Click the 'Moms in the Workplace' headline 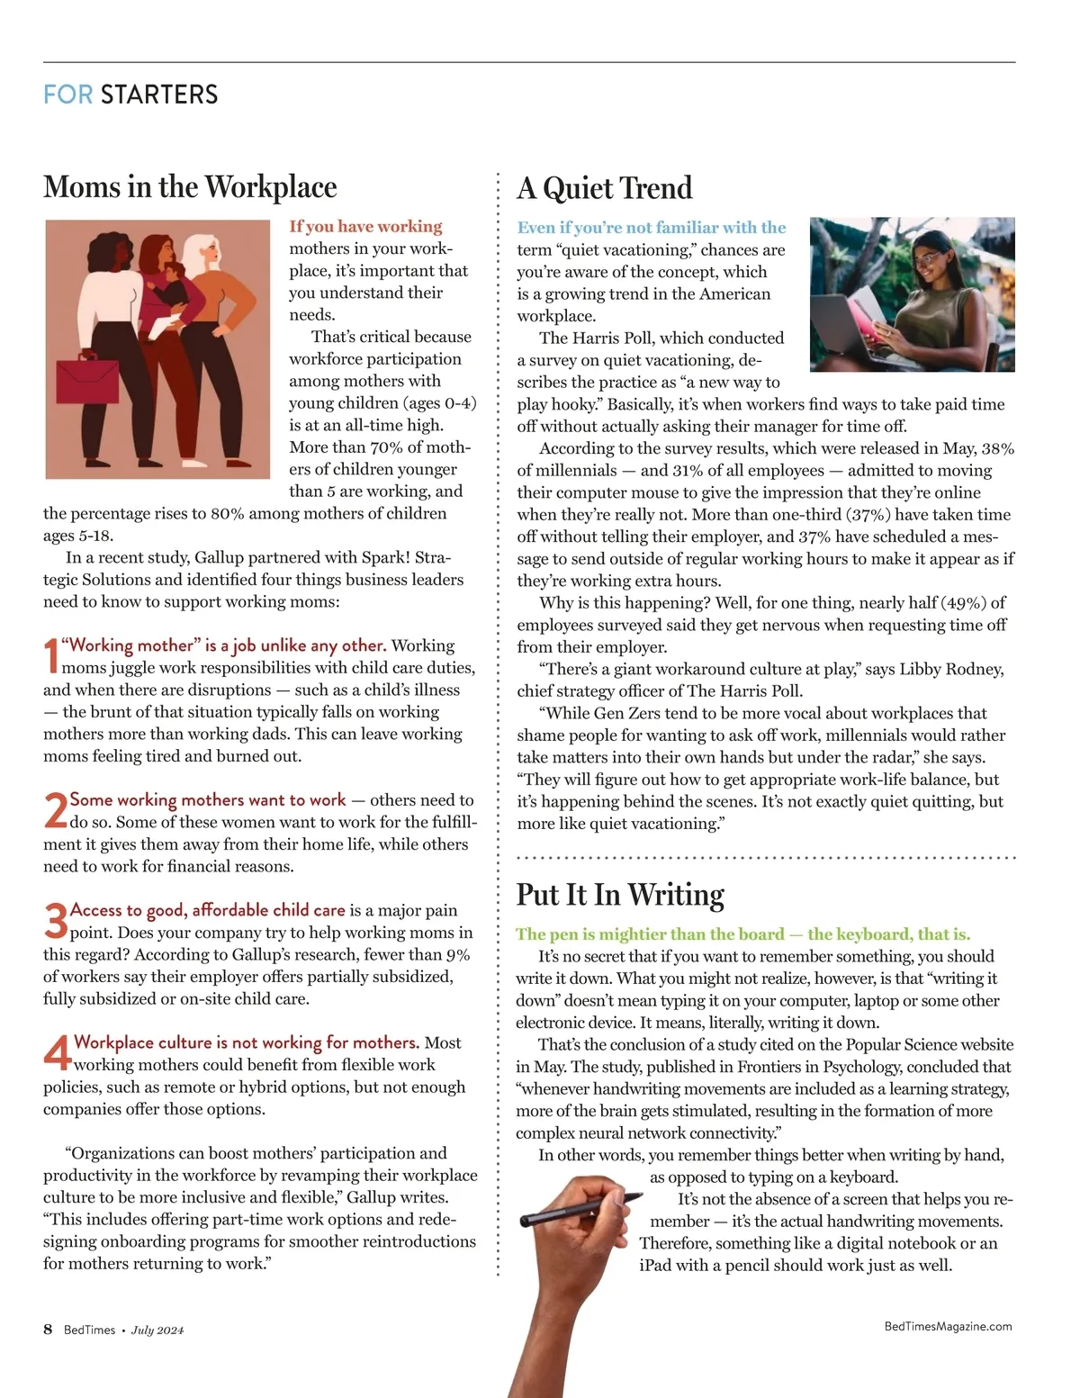(190, 187)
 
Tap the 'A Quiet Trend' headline (605, 188)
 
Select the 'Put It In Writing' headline (620, 895)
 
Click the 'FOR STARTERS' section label (130, 95)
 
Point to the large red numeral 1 (51, 655)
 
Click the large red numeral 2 (55, 810)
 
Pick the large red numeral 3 (55, 920)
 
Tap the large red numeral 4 (57, 1052)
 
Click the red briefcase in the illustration (86, 381)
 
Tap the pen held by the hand (580, 1208)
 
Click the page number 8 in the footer (48, 1330)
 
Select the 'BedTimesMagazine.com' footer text (948, 1326)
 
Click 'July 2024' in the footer (157, 1330)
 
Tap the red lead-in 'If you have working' (365, 226)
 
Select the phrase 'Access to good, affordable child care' (207, 910)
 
